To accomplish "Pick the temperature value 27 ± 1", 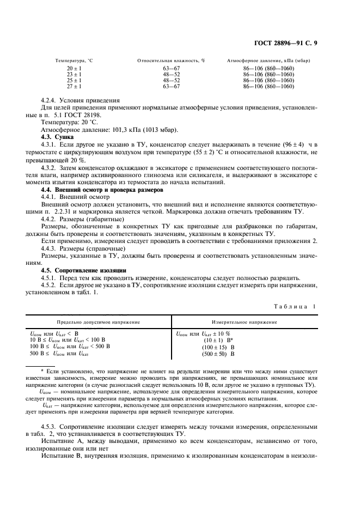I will tap(74, 86).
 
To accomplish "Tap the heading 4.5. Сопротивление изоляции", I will tap(84, 270).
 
